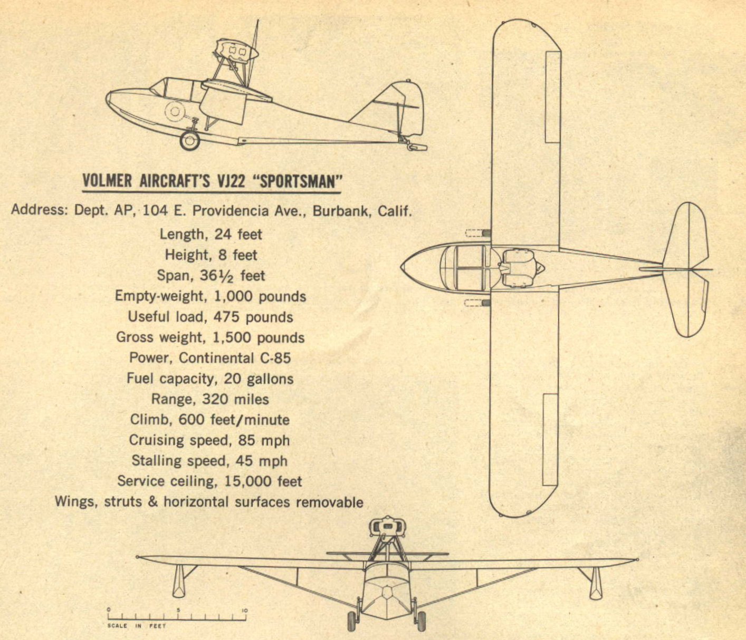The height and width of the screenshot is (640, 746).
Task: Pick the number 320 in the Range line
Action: coord(215,399)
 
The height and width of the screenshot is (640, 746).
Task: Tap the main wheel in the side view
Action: coord(189,141)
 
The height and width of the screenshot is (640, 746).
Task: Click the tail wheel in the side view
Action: coord(417,147)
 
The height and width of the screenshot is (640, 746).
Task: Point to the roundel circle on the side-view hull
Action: coord(175,111)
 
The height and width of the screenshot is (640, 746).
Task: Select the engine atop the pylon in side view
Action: coord(237,51)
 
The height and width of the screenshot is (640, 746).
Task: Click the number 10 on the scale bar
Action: coord(245,610)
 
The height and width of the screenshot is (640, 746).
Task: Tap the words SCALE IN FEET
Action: coord(137,626)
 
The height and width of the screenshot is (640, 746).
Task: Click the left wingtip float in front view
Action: coord(179,581)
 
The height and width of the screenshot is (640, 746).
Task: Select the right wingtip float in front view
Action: coord(596,584)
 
